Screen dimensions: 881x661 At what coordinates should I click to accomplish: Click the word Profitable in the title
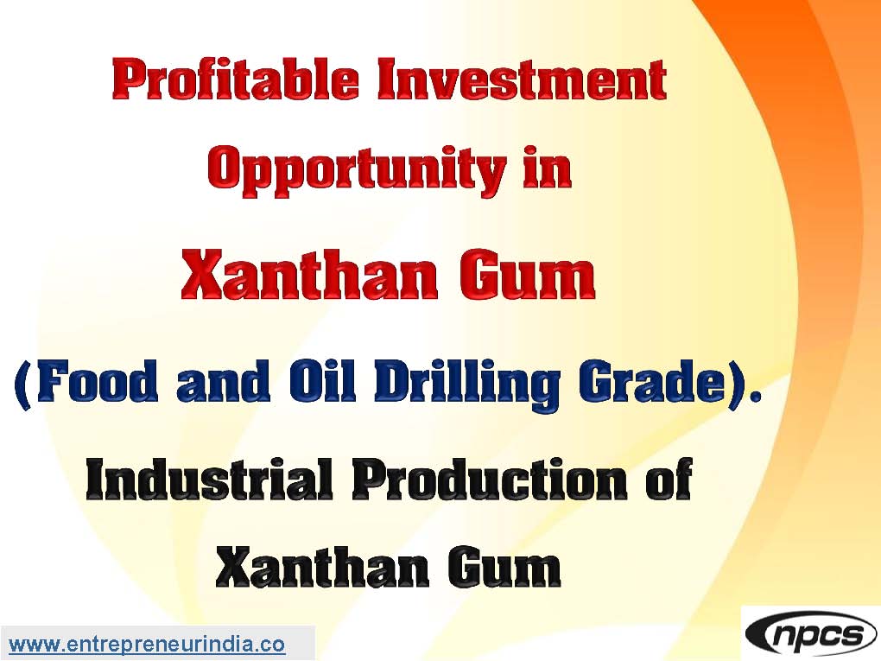236,79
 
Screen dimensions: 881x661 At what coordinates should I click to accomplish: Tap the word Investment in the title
522,79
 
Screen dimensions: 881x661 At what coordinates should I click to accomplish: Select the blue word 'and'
223,381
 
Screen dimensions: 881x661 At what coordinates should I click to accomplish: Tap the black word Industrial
209,480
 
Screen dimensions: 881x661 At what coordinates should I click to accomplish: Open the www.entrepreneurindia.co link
147,645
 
